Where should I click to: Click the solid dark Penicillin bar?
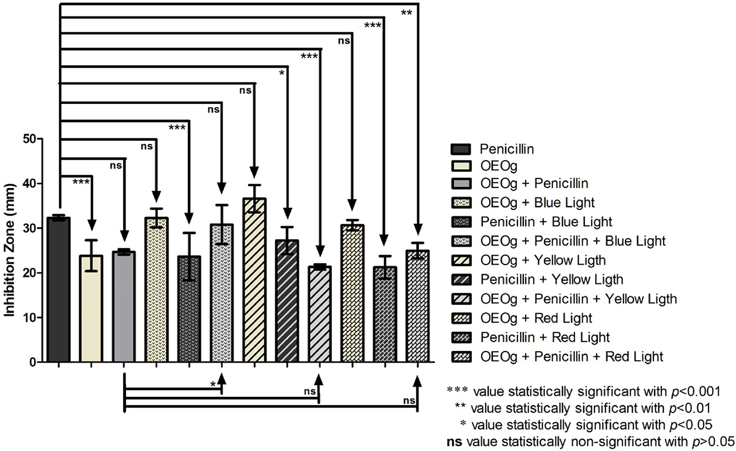tap(59, 290)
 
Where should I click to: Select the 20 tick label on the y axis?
tap(29, 273)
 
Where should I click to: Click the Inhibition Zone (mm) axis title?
tap(11, 251)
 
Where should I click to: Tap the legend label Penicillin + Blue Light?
tap(545, 222)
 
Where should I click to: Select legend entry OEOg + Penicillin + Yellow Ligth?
tap(578, 299)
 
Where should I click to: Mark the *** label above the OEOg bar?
tap(81, 182)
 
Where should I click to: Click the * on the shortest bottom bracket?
tap(213, 384)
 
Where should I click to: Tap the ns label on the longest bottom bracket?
tap(409, 400)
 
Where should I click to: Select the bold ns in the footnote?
tap(453, 439)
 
